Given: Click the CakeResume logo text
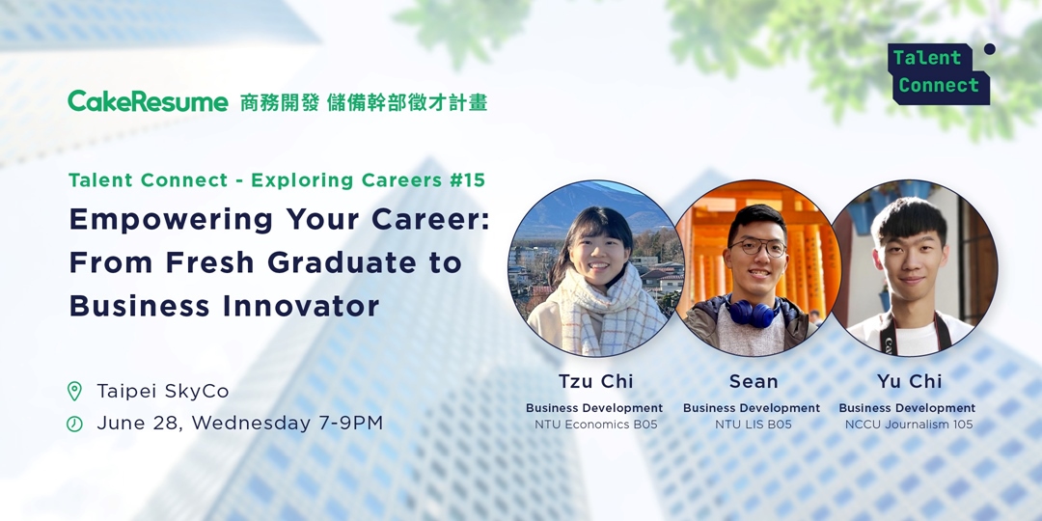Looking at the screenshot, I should (148, 101).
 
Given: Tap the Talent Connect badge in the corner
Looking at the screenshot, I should (938, 73).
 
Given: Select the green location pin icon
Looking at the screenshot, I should (74, 391).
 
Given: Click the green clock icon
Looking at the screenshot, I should (74, 424).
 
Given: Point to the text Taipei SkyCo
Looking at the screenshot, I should (162, 391).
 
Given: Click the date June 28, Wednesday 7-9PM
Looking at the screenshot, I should (239, 423).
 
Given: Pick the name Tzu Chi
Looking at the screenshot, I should (595, 381).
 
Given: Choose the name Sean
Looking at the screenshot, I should (753, 381).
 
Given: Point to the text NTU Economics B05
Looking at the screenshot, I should (595, 425).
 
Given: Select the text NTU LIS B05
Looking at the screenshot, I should (753, 425).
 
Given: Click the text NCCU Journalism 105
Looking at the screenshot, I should (908, 425).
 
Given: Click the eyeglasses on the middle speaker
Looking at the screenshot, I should (757, 247).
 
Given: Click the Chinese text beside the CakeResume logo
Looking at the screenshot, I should (363, 102).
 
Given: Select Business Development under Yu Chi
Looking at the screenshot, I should (907, 408).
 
